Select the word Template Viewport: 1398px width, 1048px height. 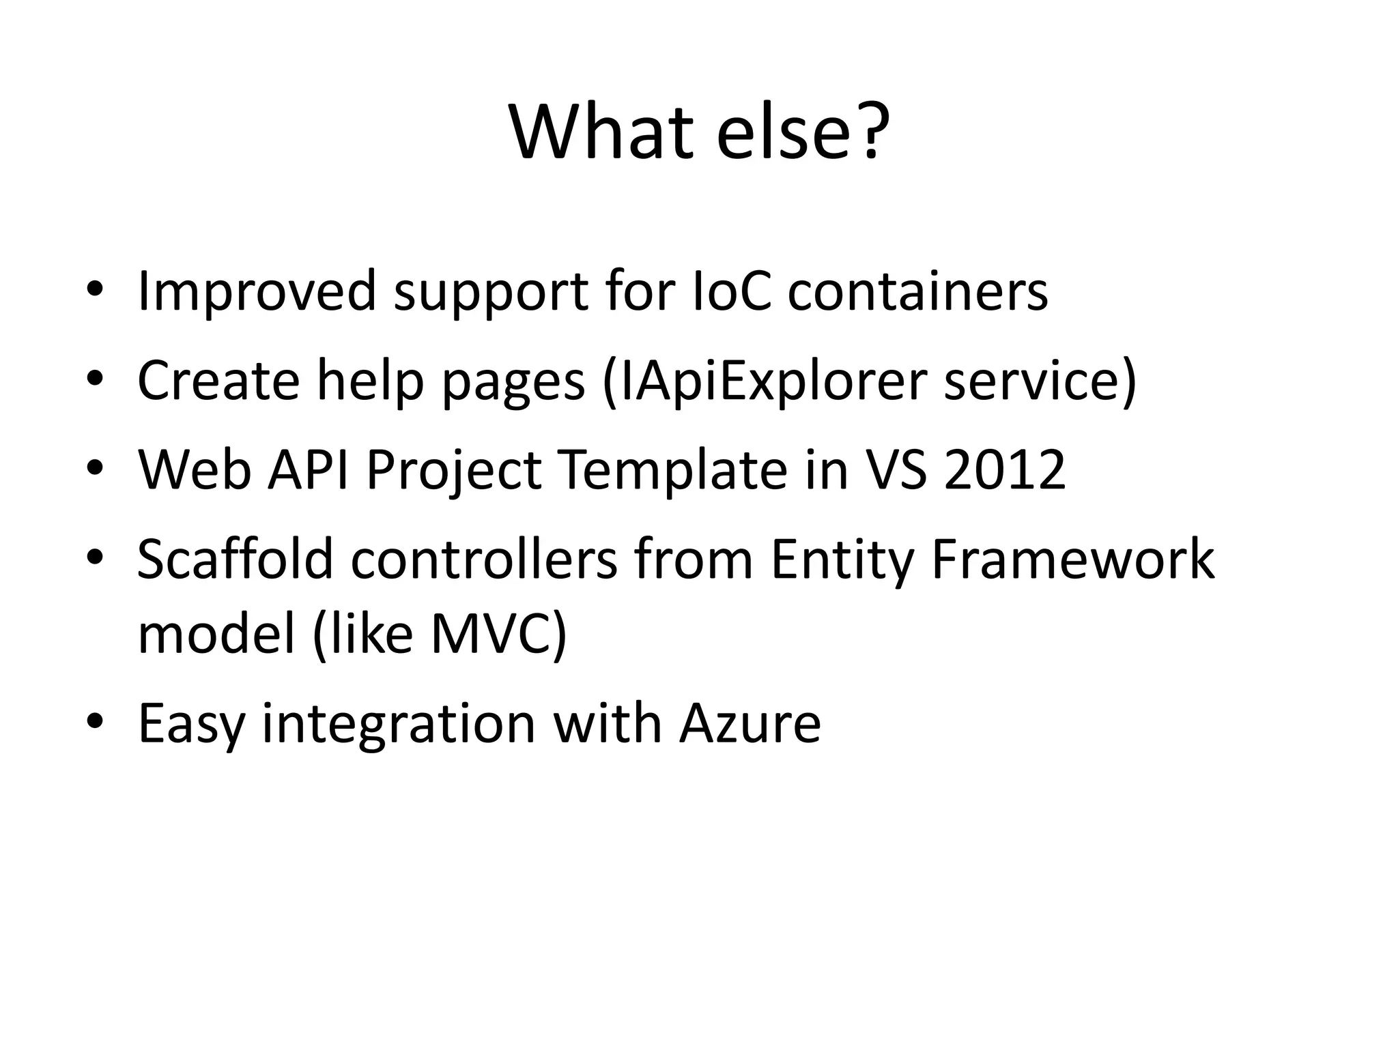coord(673,471)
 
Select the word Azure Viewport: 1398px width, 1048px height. coord(750,723)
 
